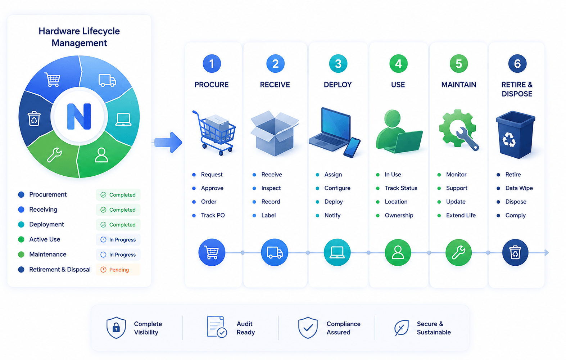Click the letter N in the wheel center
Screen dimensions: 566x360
coord(79,116)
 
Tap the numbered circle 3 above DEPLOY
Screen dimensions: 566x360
coord(338,63)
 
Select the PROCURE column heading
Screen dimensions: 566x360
coord(212,85)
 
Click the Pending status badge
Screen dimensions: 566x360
coord(118,270)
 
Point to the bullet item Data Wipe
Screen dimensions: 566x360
coord(519,188)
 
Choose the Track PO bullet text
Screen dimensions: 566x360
coord(213,215)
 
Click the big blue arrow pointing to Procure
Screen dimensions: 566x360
coord(168,142)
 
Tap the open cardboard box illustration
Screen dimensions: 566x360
coord(275,133)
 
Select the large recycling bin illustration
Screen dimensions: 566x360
coord(516,135)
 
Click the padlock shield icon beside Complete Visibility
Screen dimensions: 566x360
coord(116,327)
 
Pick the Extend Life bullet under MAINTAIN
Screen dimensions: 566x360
coord(461,215)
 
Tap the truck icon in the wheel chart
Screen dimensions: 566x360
coord(107,80)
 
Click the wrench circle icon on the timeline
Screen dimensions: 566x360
coord(458,252)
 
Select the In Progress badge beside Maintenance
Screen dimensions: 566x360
coord(118,255)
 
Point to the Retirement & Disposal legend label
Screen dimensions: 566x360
coord(60,270)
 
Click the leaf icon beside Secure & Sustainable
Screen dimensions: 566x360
coord(402,328)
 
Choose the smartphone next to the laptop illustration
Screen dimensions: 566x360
coord(352,148)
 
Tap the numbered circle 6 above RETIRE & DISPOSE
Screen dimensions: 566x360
coord(517,63)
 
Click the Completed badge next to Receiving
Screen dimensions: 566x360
coord(118,210)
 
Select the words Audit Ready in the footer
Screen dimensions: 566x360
coord(246,328)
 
